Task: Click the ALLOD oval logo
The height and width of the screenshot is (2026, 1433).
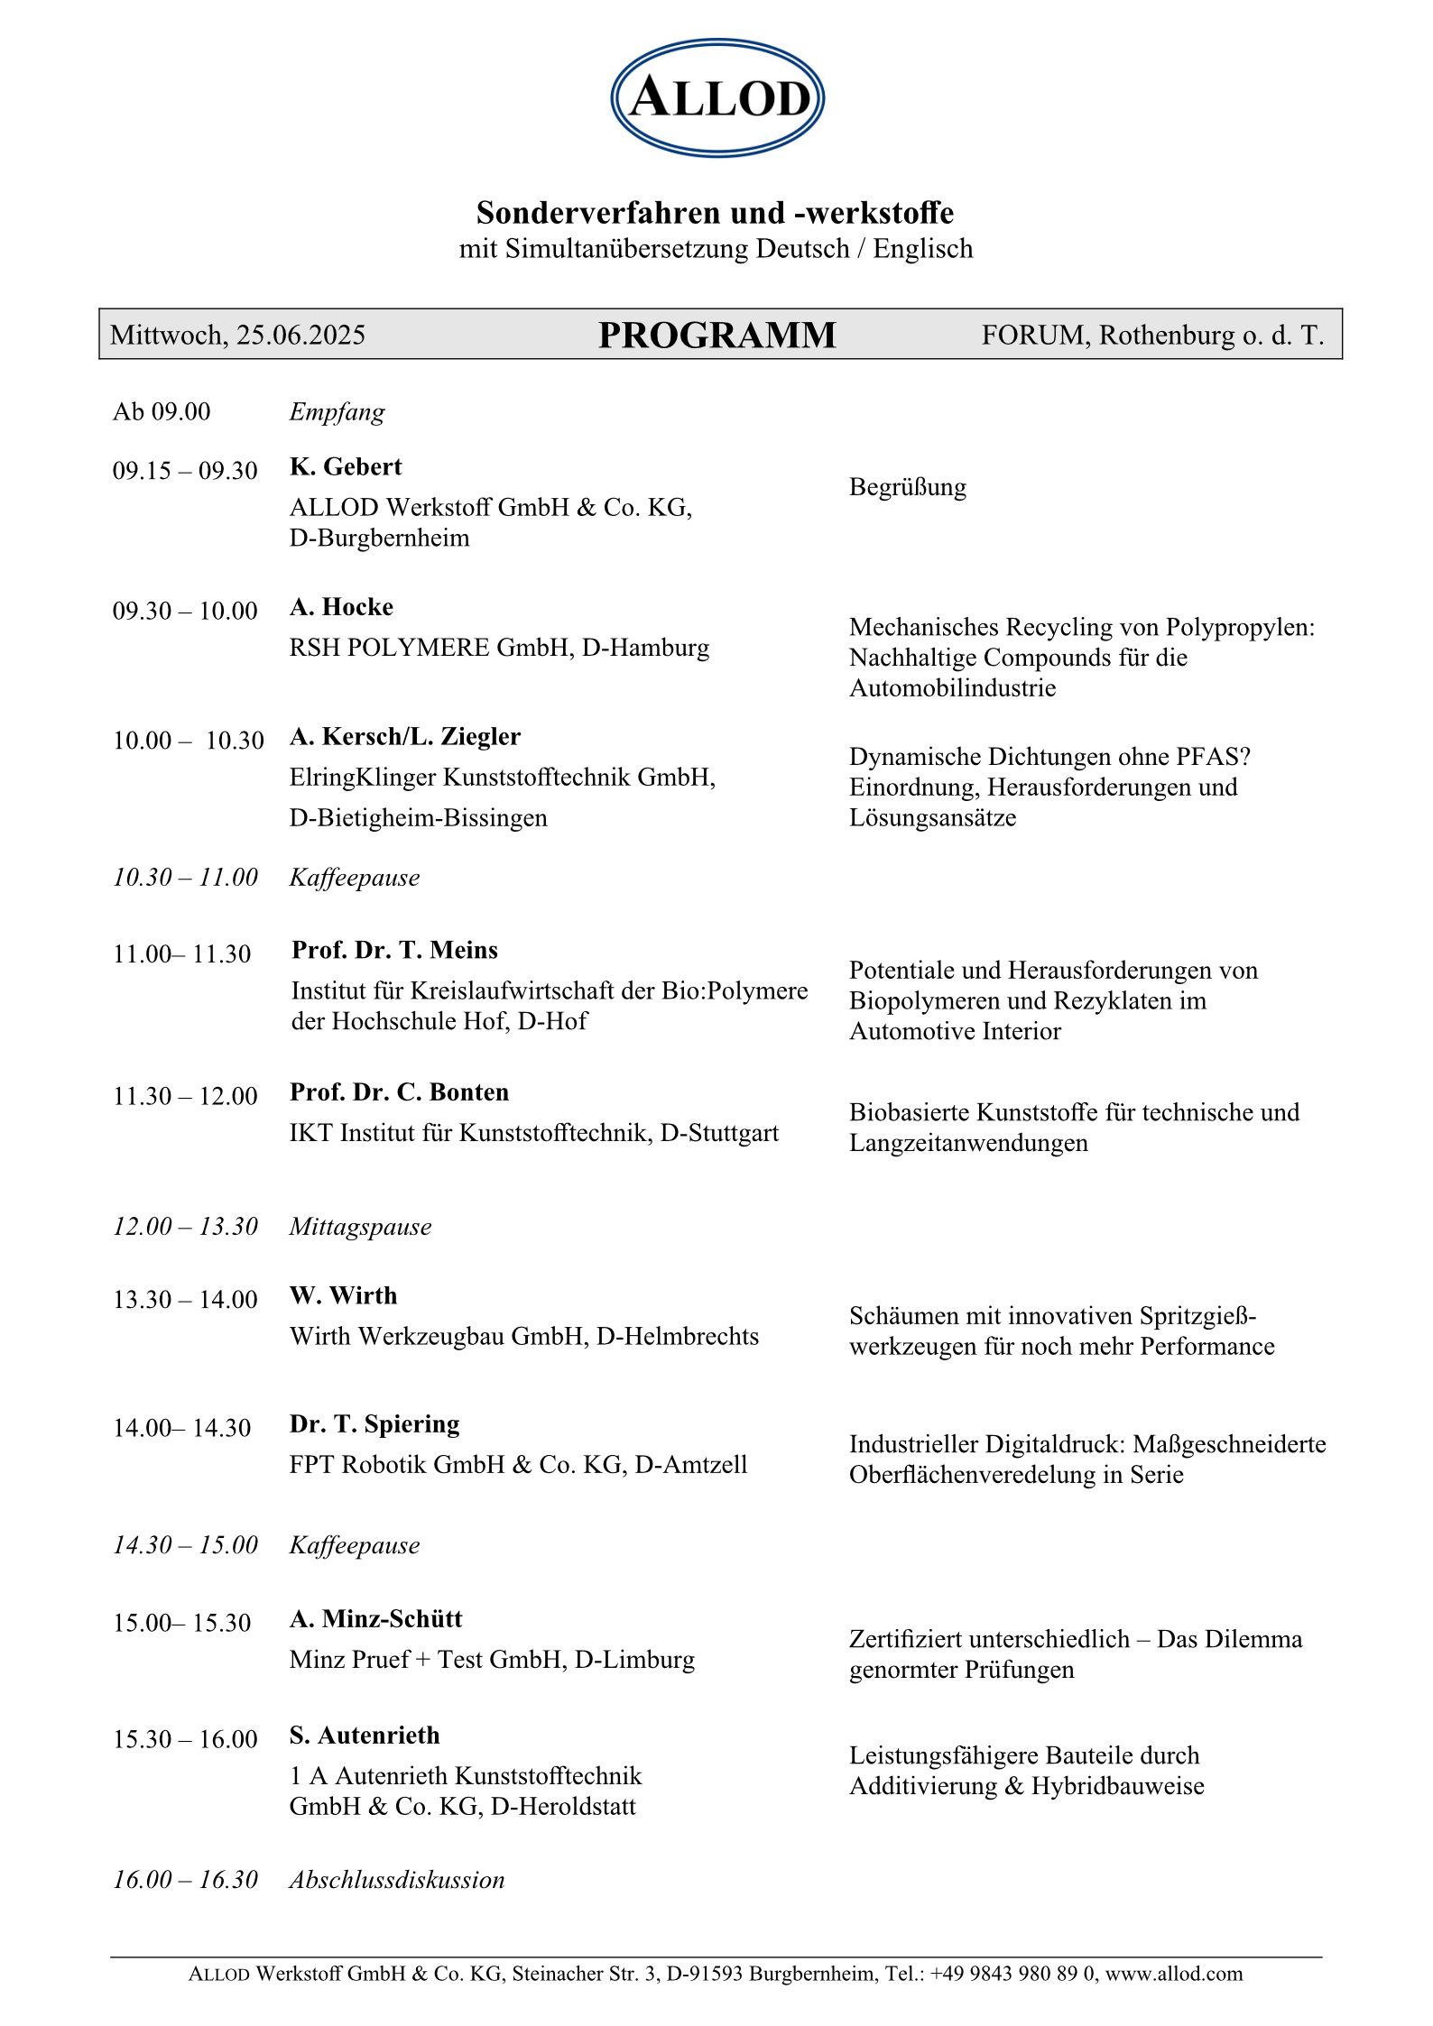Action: (717, 97)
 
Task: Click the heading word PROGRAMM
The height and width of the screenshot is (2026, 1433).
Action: (716, 336)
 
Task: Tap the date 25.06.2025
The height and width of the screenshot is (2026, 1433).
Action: (300, 336)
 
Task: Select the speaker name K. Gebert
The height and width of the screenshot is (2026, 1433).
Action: (346, 466)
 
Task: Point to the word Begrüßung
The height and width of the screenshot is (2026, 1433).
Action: (907, 487)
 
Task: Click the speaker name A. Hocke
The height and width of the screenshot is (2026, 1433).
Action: (341, 607)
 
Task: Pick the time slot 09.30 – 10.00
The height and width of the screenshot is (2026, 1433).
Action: (185, 612)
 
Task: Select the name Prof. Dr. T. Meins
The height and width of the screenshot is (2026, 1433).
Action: (394, 950)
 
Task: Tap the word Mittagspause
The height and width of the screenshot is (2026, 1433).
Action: (360, 1227)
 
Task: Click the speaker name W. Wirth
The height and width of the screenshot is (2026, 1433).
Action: (343, 1295)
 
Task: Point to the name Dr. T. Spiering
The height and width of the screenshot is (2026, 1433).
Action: (374, 1423)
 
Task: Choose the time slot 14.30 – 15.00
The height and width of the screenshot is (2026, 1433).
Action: (185, 1545)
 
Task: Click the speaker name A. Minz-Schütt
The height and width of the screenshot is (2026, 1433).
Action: (375, 1619)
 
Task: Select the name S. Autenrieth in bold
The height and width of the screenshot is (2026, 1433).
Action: (365, 1736)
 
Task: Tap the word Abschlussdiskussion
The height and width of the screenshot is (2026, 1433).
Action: (397, 1880)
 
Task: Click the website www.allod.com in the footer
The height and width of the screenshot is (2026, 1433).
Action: (1174, 1974)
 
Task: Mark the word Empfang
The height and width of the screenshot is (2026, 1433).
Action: (337, 412)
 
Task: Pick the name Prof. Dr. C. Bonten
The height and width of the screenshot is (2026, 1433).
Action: (399, 1092)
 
